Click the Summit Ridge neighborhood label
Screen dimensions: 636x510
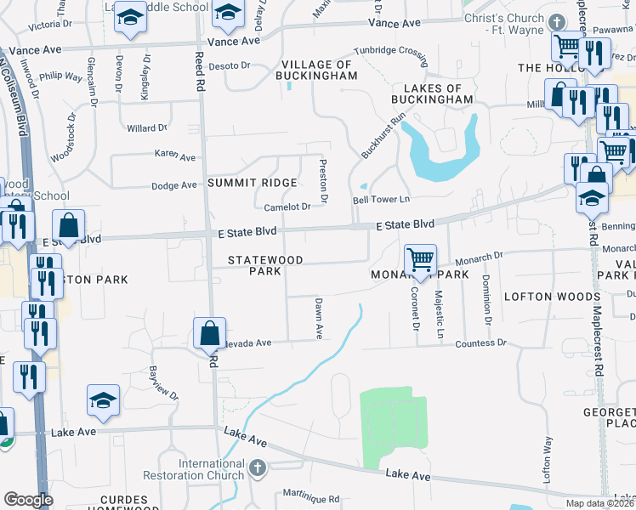tap(253, 183)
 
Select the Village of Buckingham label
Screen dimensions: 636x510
tap(317, 70)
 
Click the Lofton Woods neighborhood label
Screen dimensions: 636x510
tap(553, 297)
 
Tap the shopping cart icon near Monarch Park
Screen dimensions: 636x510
tap(420, 259)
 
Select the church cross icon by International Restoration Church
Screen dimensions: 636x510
tap(259, 467)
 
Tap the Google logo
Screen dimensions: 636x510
tap(28, 500)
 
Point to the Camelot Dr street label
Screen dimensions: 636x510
tap(287, 207)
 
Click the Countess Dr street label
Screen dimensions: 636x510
tap(480, 343)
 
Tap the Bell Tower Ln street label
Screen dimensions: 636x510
tap(382, 200)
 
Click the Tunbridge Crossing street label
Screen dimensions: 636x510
tap(390, 52)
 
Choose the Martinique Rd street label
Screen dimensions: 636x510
tap(310, 499)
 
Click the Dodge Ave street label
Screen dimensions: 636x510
tap(173, 185)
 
